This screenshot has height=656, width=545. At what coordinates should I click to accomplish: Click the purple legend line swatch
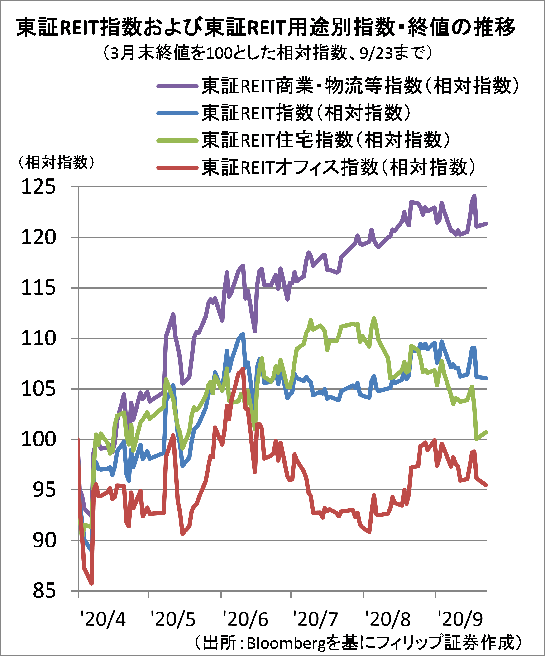[177, 86]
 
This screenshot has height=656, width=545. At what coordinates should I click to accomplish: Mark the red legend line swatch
[177, 168]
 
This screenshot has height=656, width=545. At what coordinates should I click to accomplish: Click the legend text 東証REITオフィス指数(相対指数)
[339, 167]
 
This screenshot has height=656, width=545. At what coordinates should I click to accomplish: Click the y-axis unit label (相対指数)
[56, 162]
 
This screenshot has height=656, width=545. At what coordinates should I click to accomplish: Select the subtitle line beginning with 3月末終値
[268, 52]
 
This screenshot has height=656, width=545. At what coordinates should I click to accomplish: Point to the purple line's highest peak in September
[474, 196]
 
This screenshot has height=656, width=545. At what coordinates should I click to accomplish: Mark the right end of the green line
[487, 432]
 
